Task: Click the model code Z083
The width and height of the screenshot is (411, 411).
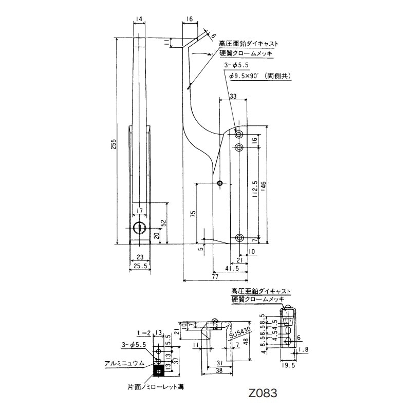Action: click(262, 394)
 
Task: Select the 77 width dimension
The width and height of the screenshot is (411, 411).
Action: click(215, 276)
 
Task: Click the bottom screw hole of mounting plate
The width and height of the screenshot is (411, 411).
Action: click(239, 237)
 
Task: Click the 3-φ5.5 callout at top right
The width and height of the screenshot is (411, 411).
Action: click(236, 66)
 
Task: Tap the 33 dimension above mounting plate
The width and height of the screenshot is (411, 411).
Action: click(233, 96)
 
